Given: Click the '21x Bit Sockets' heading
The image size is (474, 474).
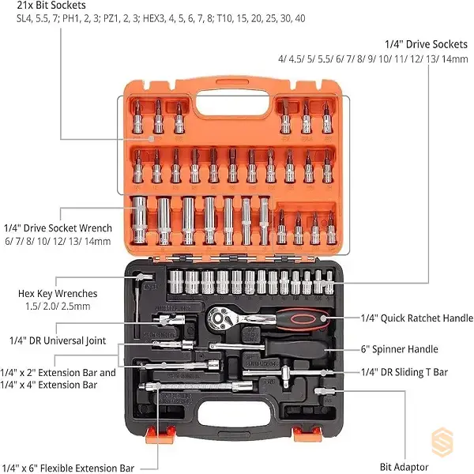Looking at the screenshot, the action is [x=51, y=6].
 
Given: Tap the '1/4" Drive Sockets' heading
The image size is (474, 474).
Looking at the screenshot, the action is [x=427, y=44].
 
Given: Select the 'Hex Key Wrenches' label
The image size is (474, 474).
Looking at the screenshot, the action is [x=58, y=294].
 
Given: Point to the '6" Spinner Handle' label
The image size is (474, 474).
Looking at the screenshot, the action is [x=399, y=349].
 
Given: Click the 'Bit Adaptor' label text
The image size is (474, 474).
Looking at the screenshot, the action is [x=404, y=467].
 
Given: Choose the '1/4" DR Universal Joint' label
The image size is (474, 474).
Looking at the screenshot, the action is [x=58, y=340].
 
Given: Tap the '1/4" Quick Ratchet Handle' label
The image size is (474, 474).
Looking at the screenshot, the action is [x=417, y=318].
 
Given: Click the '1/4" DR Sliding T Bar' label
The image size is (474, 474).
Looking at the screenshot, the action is [x=404, y=372].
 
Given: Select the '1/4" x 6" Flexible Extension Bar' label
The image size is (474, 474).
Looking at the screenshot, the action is [x=67, y=468].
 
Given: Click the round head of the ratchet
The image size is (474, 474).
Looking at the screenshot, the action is [x=218, y=318].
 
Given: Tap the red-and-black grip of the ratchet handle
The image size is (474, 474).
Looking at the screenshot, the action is [x=303, y=318].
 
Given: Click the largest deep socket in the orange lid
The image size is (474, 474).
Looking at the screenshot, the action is [x=139, y=220].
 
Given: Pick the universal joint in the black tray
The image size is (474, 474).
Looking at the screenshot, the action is [x=169, y=319].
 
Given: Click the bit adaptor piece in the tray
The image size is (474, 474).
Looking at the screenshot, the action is [x=325, y=392].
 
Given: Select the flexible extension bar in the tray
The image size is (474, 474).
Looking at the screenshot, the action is [x=196, y=386].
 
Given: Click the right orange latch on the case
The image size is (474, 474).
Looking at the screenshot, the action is [x=307, y=433].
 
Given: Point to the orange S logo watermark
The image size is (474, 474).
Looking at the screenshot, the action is [x=442, y=442].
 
